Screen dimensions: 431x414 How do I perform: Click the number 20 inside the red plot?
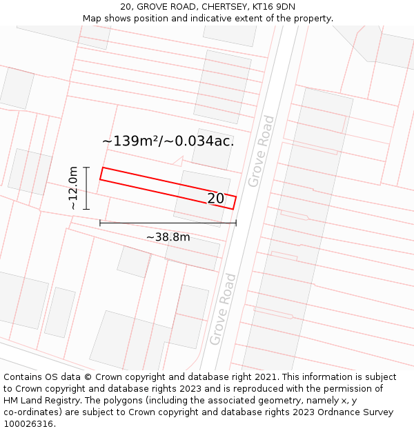(216, 199)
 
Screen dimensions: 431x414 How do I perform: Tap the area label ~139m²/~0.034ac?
(168, 141)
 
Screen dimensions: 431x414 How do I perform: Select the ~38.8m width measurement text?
(168, 237)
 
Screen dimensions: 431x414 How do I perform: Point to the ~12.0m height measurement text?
(72, 188)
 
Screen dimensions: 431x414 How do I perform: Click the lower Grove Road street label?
(223, 309)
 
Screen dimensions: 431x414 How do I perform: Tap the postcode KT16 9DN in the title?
(274, 7)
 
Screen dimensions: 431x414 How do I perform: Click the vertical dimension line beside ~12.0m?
(86, 188)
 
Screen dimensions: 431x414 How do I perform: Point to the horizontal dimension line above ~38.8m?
(168, 223)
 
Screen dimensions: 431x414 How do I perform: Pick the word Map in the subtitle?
(92, 19)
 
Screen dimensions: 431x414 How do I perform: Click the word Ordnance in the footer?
(321, 412)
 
